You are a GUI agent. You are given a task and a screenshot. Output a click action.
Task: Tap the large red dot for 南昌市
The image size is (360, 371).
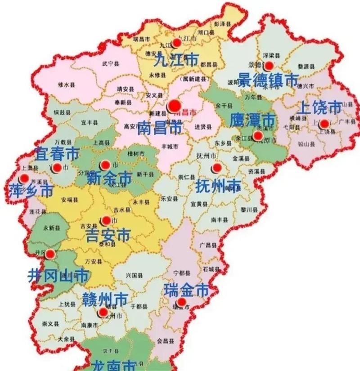click(x=174, y=106)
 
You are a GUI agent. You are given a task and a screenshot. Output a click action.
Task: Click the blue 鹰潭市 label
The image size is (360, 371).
click(x=252, y=121)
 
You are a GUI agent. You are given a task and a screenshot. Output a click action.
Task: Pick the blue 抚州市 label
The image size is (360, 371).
click(x=218, y=185)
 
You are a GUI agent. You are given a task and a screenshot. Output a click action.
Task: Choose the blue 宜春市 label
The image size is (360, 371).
click(x=57, y=154)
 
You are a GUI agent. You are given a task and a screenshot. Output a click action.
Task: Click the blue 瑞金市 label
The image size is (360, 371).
click(x=187, y=290)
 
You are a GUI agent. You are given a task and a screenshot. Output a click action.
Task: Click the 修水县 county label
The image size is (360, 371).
click(x=67, y=84)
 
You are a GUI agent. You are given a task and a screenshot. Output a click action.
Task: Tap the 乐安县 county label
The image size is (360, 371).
click(x=168, y=198)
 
